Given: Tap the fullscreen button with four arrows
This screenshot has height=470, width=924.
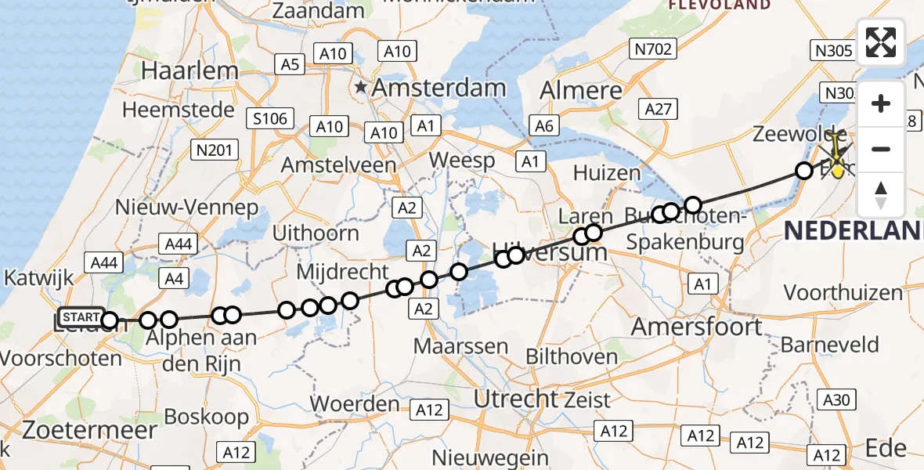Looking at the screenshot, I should click(x=881, y=42).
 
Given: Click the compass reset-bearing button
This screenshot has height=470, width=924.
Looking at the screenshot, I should click(x=881, y=195).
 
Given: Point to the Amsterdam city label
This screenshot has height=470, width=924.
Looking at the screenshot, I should click(x=439, y=88).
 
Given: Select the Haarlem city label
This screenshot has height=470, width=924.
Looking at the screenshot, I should click(x=189, y=71).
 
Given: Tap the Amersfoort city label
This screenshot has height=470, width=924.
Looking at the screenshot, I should click(x=696, y=326).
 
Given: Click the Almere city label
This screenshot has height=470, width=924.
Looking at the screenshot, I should click(x=581, y=90).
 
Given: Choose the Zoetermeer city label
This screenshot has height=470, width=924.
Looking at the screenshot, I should click(x=78, y=429).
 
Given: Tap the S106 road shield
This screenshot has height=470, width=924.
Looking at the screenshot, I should click(x=269, y=119).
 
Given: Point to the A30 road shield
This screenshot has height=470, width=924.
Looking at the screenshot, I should click(x=836, y=400).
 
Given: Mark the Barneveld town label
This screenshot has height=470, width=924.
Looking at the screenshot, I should click(x=829, y=344).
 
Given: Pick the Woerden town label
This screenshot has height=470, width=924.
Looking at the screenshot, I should click(x=355, y=404).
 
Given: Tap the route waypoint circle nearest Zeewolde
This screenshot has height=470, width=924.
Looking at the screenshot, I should click(x=803, y=170).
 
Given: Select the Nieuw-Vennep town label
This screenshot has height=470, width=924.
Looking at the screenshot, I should click(x=186, y=208).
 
